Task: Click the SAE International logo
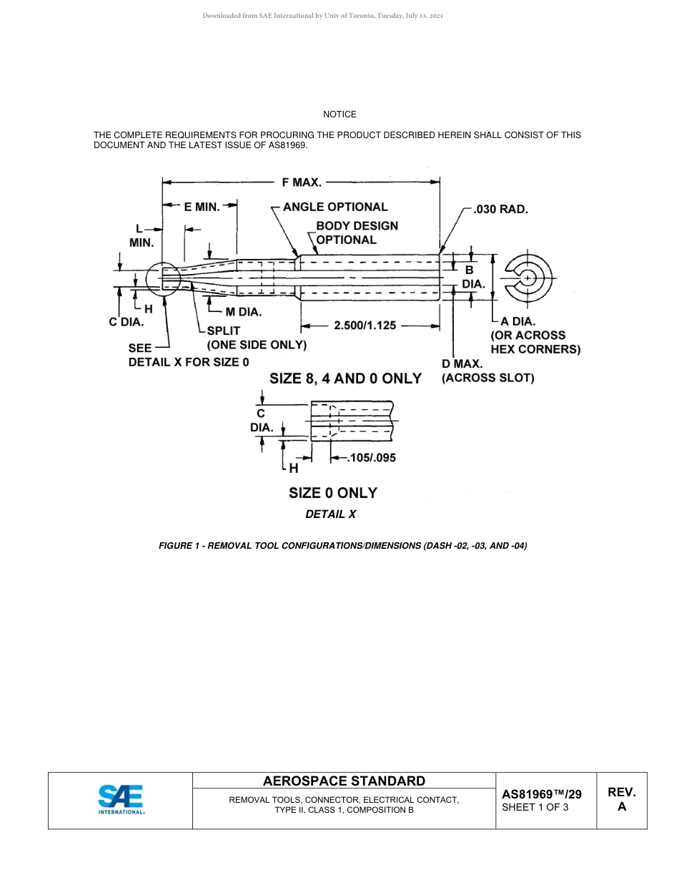point(121,799)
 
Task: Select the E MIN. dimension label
point(202,207)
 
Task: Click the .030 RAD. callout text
point(500,210)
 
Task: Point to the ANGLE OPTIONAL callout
point(335,207)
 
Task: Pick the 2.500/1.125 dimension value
point(365,326)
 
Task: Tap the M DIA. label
point(243,312)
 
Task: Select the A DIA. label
point(518,322)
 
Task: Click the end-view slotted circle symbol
point(528,277)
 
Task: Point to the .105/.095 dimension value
point(371,458)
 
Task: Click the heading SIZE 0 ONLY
point(332,493)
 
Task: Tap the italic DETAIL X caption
point(330,514)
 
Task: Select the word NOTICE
point(339,114)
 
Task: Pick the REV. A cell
point(621,799)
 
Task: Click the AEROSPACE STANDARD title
point(344,781)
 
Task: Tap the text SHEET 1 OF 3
point(535,808)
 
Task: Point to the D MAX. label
point(462,364)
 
